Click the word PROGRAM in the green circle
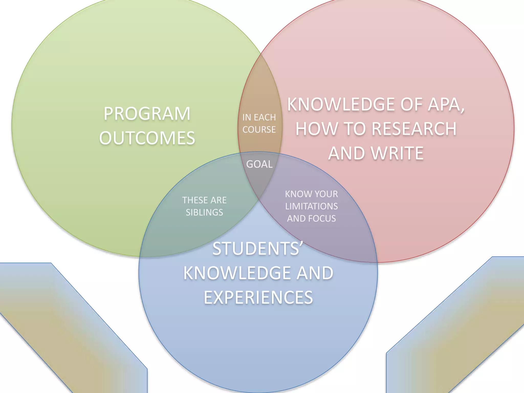147,114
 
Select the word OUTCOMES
147,138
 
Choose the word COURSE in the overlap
259,130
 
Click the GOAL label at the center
259,164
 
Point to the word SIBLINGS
204,212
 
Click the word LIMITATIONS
311,206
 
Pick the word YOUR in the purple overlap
326,194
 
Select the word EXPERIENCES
258,297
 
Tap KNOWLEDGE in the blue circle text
237,273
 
